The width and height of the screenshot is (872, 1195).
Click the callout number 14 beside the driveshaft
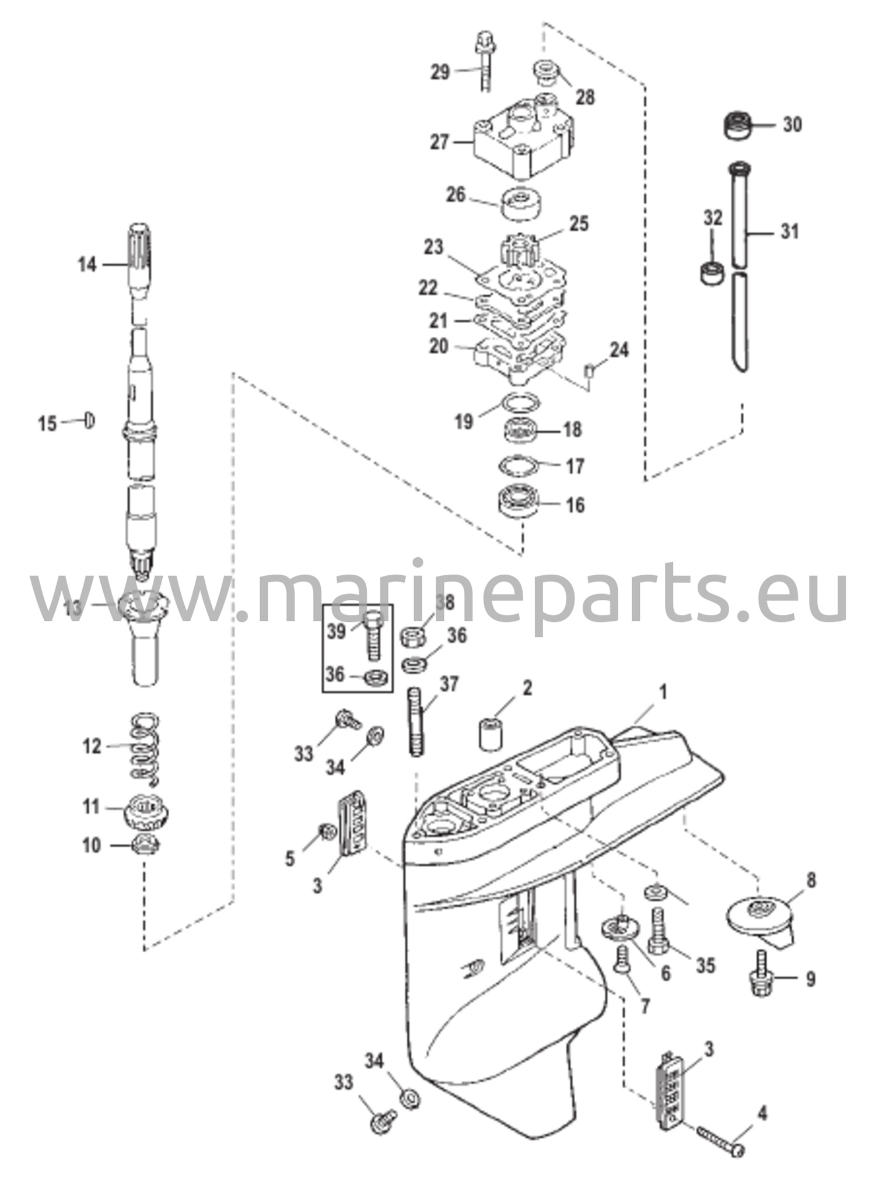click(87, 265)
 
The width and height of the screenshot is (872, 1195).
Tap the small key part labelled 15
click(90, 420)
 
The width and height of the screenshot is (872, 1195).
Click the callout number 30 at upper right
click(792, 124)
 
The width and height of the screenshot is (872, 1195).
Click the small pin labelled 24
click(590, 370)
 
